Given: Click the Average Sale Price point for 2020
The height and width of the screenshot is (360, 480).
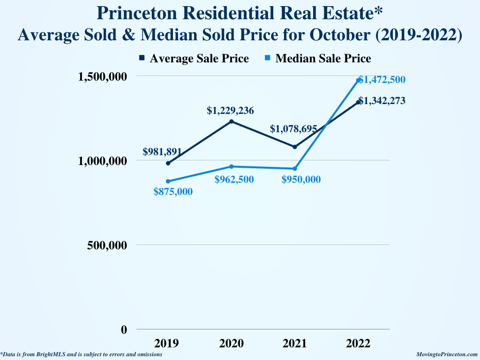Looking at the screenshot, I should (232, 121).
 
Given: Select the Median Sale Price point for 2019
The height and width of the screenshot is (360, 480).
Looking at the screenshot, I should (168, 181).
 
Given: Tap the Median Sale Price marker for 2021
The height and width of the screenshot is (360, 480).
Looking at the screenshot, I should (295, 169).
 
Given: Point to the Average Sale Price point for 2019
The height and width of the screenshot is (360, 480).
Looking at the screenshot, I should (168, 163).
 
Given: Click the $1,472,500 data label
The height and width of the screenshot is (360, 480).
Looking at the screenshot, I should (382, 80).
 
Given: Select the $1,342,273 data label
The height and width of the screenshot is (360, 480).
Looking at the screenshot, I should (382, 101).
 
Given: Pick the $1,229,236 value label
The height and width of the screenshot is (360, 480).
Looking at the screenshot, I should (230, 111).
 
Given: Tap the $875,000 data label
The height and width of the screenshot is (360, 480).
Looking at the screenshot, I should (173, 192).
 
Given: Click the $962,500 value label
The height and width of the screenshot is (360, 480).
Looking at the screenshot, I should (234, 180).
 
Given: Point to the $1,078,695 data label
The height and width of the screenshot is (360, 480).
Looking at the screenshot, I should (293, 129).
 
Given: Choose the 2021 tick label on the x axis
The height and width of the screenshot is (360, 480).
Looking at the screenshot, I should (295, 344).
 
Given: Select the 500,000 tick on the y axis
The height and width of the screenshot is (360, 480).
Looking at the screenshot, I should (107, 245).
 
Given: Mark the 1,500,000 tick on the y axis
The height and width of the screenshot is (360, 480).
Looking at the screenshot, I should (102, 76).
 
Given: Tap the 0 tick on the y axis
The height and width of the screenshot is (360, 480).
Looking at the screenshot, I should (124, 330).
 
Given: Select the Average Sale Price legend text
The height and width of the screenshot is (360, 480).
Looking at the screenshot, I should (199, 59).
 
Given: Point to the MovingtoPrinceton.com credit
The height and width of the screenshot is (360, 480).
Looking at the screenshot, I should (447, 355).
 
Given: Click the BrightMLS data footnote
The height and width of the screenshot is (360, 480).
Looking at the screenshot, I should (82, 355).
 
